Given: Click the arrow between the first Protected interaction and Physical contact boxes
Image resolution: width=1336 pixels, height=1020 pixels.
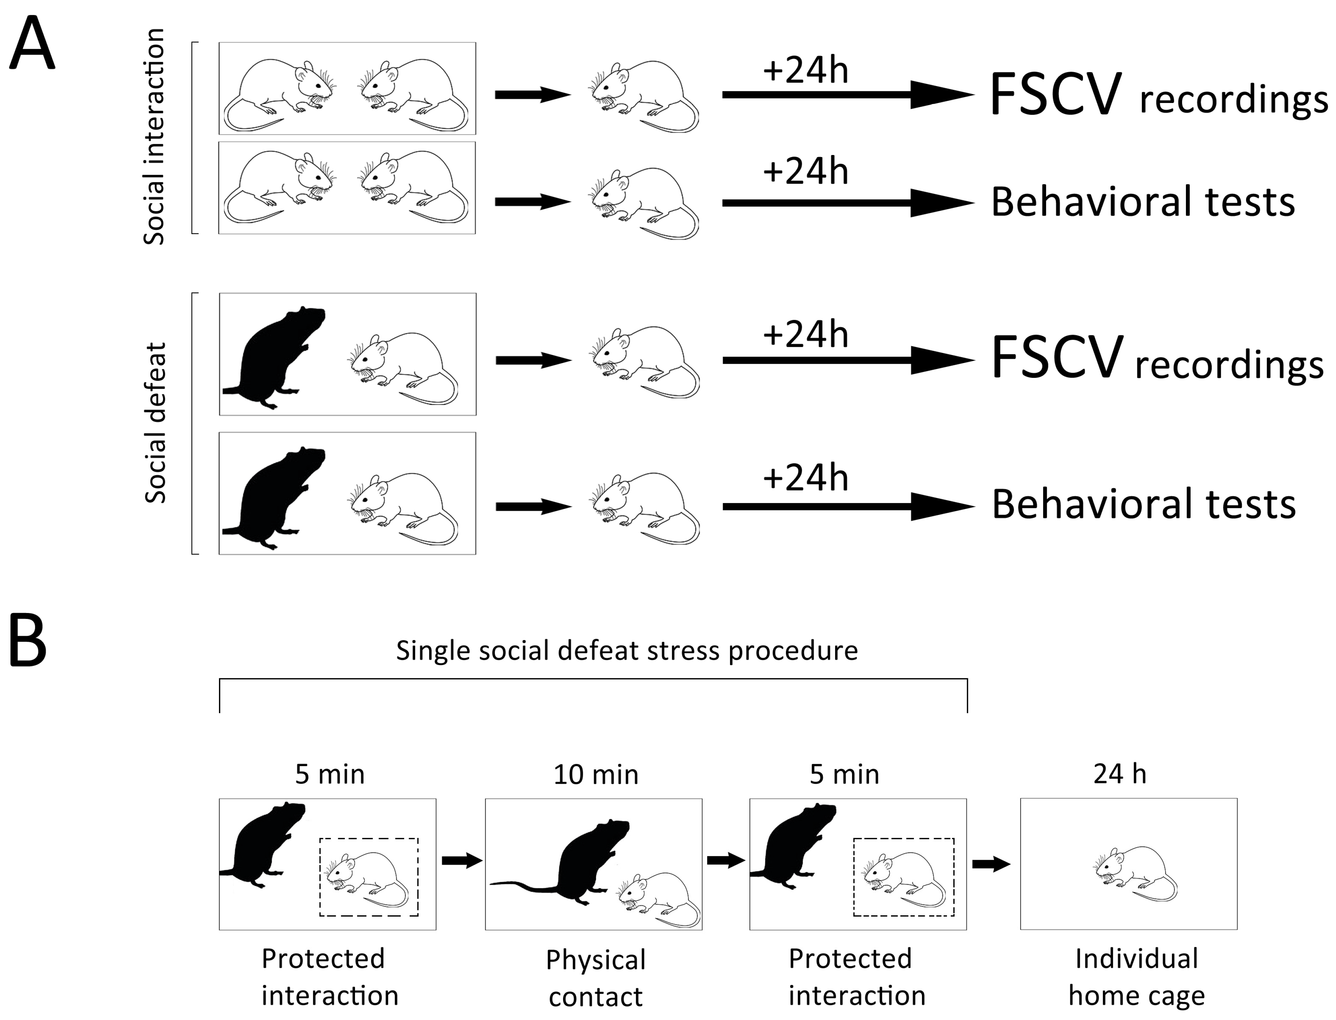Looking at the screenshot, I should pos(461,860).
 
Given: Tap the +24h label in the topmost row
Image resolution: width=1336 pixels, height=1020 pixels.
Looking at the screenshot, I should pos(806,71).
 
